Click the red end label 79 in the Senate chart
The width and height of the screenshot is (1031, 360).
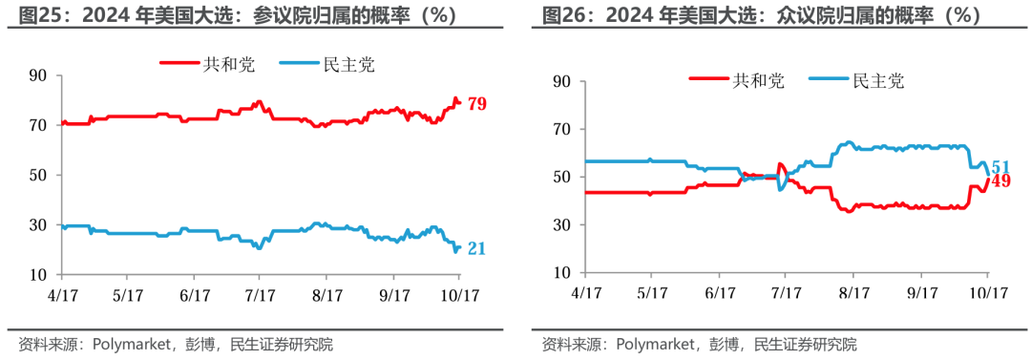pos(476,104)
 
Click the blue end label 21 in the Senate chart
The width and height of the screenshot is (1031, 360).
pos(476,249)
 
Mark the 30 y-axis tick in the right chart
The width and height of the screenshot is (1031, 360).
pos(562,225)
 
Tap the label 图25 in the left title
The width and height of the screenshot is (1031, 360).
pos(36,15)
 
